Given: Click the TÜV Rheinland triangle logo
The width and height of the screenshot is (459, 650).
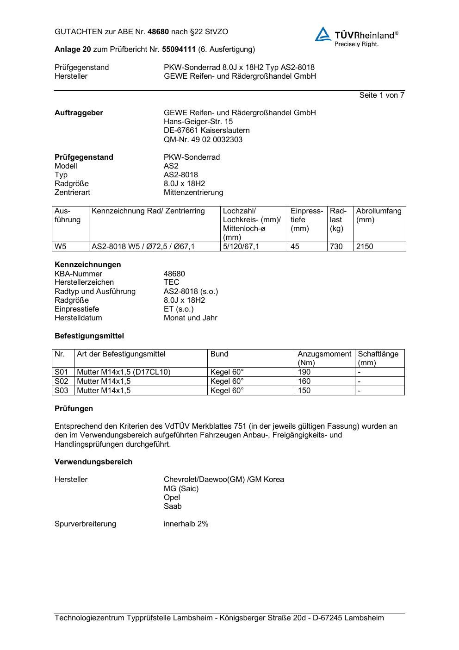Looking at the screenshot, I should point(323,34).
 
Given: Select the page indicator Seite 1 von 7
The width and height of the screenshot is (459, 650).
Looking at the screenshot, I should point(381,95).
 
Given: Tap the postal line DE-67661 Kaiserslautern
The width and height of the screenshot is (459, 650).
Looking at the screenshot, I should point(206,131).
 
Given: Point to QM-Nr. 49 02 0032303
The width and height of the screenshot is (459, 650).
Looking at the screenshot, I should point(203,139).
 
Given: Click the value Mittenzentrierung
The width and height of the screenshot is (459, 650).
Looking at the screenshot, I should point(193,192).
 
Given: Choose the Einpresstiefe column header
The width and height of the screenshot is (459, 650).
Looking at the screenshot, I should point(307,220).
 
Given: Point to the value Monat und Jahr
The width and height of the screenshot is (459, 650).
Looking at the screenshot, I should point(190,318).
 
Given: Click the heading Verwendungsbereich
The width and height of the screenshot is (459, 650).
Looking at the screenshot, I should point(93,462).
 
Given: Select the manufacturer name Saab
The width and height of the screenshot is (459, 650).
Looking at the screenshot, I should point(173,506).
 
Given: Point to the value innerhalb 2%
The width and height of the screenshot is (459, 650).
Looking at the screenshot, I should point(186,524).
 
